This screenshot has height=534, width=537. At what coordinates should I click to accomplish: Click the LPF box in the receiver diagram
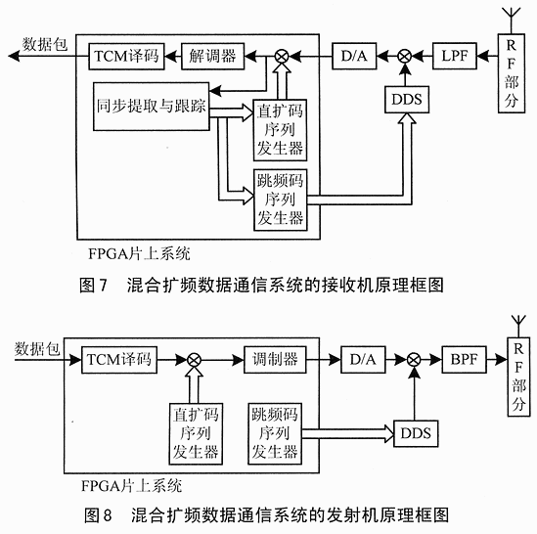pyautogui.click(x=455, y=56)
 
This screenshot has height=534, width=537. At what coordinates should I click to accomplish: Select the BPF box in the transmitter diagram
pyautogui.click(x=464, y=360)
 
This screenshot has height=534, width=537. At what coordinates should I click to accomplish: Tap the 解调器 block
pyautogui.click(x=212, y=56)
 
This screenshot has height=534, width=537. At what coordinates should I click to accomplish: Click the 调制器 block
pyautogui.click(x=275, y=360)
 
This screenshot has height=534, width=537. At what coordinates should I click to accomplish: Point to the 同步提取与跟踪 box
pyautogui.click(x=151, y=107)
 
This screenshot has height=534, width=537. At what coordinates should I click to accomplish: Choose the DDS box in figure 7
pyautogui.click(x=407, y=100)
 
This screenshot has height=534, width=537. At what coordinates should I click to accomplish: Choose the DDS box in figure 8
pyautogui.click(x=416, y=433)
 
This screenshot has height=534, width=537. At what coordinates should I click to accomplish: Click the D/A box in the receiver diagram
pyautogui.click(x=354, y=56)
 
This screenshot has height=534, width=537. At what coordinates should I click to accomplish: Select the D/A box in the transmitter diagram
pyautogui.click(x=363, y=360)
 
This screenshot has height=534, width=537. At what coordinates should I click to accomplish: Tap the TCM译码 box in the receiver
pyautogui.click(x=126, y=57)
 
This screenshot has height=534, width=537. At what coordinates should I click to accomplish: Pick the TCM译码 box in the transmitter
pyautogui.click(x=119, y=360)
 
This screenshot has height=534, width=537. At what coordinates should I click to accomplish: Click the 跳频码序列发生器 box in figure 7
pyautogui.click(x=280, y=200)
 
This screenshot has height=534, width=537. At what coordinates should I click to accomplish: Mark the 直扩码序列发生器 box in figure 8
pyautogui.click(x=196, y=433)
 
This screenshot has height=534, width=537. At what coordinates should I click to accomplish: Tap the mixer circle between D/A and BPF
pyautogui.click(x=414, y=360)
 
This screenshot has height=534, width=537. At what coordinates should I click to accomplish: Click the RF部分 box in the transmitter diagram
pyautogui.click(x=518, y=377)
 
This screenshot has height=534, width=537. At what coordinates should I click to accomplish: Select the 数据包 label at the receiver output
pyautogui.click(x=45, y=45)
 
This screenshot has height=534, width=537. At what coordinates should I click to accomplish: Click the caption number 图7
pyautogui.click(x=93, y=285)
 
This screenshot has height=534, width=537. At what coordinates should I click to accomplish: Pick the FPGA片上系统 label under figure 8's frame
pyautogui.click(x=131, y=486)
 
